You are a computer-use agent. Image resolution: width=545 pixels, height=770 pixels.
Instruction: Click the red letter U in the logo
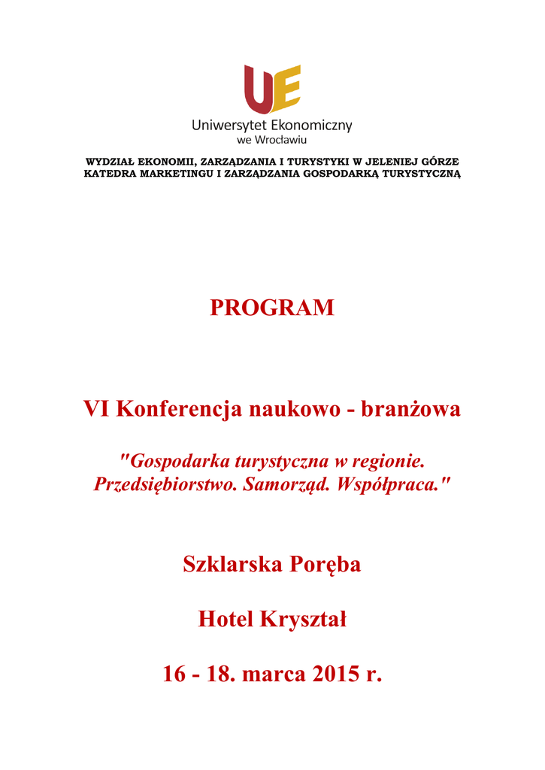tap(257, 89)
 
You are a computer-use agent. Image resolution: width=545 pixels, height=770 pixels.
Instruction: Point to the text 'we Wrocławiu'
tap(272, 140)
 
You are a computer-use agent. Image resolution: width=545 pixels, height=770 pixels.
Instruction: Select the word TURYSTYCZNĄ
tap(422, 174)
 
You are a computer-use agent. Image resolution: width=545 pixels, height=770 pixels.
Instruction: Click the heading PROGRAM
tap(272, 308)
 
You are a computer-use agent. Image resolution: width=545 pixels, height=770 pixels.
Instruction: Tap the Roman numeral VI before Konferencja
tap(96, 410)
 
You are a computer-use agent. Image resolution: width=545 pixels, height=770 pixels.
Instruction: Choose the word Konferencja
tap(179, 410)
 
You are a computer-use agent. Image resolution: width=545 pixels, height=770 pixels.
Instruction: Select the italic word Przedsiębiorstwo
tap(166, 484)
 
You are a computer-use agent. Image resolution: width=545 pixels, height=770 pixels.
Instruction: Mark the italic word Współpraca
tap(394, 484)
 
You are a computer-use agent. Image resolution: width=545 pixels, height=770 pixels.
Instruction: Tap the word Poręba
tap(325, 564)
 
